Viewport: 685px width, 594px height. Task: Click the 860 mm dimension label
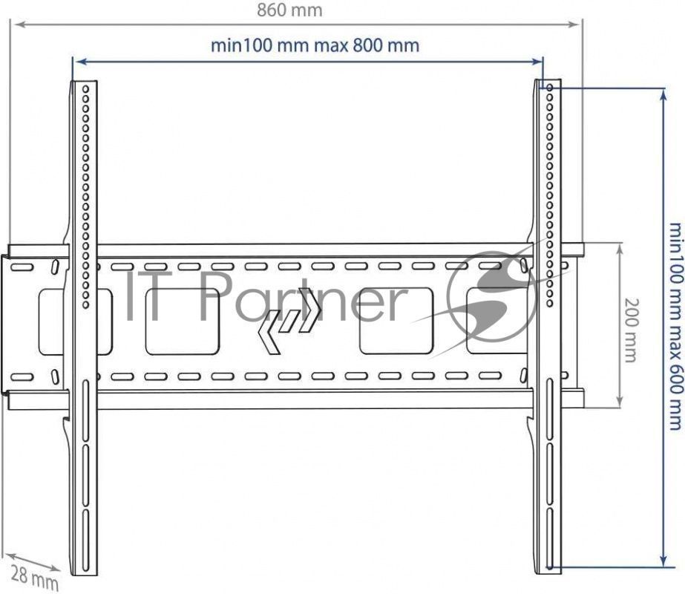point(289,10)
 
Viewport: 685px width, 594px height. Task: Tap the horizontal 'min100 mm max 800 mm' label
point(315,45)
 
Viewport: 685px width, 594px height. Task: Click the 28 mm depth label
point(34,578)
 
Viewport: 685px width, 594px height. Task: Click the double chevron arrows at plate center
point(289,320)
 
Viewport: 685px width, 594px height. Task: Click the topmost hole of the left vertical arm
point(85,89)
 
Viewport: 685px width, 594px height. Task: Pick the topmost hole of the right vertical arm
point(550,88)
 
